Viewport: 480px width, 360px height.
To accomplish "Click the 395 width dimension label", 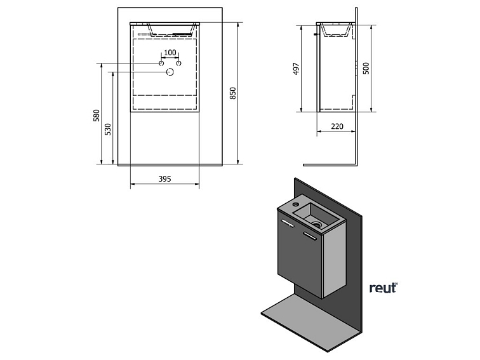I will pos(164,180).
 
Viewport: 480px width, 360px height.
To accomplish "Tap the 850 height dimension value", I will pos(233,93).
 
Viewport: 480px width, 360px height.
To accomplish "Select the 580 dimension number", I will pos(97,116).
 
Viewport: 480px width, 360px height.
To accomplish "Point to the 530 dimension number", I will pos(108,129).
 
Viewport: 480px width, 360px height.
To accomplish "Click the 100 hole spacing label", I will pos(170,53).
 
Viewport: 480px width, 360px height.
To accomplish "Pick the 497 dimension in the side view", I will pos(297,69).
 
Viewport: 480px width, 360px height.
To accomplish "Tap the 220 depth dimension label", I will pos(337,127).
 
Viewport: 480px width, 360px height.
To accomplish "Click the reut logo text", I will pos(383,288).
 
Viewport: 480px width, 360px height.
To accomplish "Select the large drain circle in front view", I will pos(170,72).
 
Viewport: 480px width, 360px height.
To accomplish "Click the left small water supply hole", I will pos(161,63).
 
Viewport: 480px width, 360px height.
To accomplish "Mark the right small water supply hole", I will pos(179,63).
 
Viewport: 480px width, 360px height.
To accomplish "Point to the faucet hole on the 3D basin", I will pos(296,204).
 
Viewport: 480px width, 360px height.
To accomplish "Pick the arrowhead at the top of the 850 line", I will pos(237,25).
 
